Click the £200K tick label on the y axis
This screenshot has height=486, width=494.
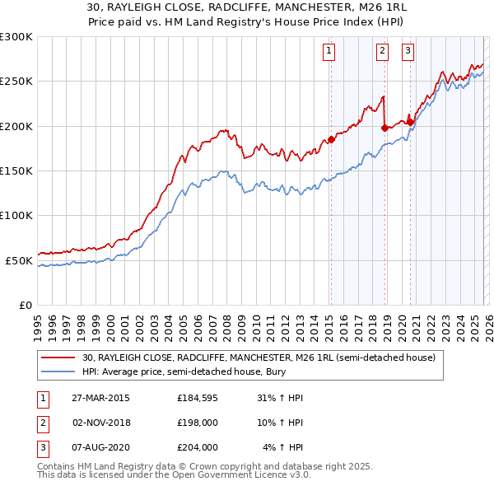16,126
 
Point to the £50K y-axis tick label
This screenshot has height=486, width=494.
18,260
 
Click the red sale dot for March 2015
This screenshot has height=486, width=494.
330,139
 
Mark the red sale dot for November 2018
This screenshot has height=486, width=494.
384,128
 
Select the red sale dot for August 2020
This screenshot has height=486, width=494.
410,122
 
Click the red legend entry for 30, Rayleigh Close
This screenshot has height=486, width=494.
263,357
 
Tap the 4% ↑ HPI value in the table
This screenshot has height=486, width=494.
283,447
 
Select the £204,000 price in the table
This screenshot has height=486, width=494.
198,447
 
